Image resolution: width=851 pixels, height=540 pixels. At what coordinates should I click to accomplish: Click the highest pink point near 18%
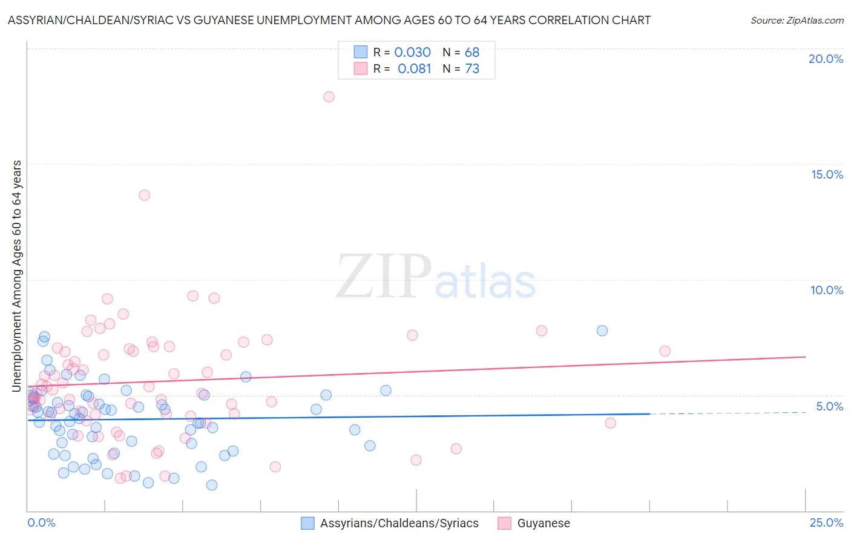tap(329, 97)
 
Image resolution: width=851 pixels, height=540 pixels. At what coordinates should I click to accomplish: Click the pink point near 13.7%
tap(144, 195)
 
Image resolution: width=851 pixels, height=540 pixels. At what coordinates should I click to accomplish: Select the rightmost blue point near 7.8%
tap(602, 331)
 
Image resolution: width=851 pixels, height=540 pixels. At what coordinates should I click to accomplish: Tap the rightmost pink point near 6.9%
tap(665, 351)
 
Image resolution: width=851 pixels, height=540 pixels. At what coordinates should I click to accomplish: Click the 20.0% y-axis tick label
tap(826, 59)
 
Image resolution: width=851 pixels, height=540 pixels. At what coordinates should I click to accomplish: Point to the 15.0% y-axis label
tap(827, 174)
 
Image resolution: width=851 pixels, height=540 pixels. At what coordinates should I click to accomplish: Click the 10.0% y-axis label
tap(827, 290)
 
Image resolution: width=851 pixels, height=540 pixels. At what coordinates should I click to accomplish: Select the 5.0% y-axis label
tap(829, 406)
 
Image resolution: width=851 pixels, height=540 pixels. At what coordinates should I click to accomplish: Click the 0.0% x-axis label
tap(41, 522)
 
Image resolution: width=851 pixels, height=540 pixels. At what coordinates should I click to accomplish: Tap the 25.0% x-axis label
tap(826, 522)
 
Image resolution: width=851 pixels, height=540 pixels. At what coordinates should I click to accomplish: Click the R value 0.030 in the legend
tap(412, 53)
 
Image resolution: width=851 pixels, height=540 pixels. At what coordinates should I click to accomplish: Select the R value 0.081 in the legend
tap(414, 69)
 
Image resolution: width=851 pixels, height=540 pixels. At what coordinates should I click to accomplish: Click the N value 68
tap(472, 53)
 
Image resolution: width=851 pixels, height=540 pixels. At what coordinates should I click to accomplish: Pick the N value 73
tap(472, 69)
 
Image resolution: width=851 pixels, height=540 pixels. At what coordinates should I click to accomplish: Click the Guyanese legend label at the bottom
tap(544, 524)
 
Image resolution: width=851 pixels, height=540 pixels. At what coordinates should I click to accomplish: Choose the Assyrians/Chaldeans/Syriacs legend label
tap(399, 524)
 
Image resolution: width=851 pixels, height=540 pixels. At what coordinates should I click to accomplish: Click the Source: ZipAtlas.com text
tap(797, 21)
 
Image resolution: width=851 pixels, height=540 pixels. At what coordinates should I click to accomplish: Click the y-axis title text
tap(17, 275)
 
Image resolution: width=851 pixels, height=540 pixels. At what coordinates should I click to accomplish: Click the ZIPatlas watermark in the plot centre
tap(436, 277)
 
